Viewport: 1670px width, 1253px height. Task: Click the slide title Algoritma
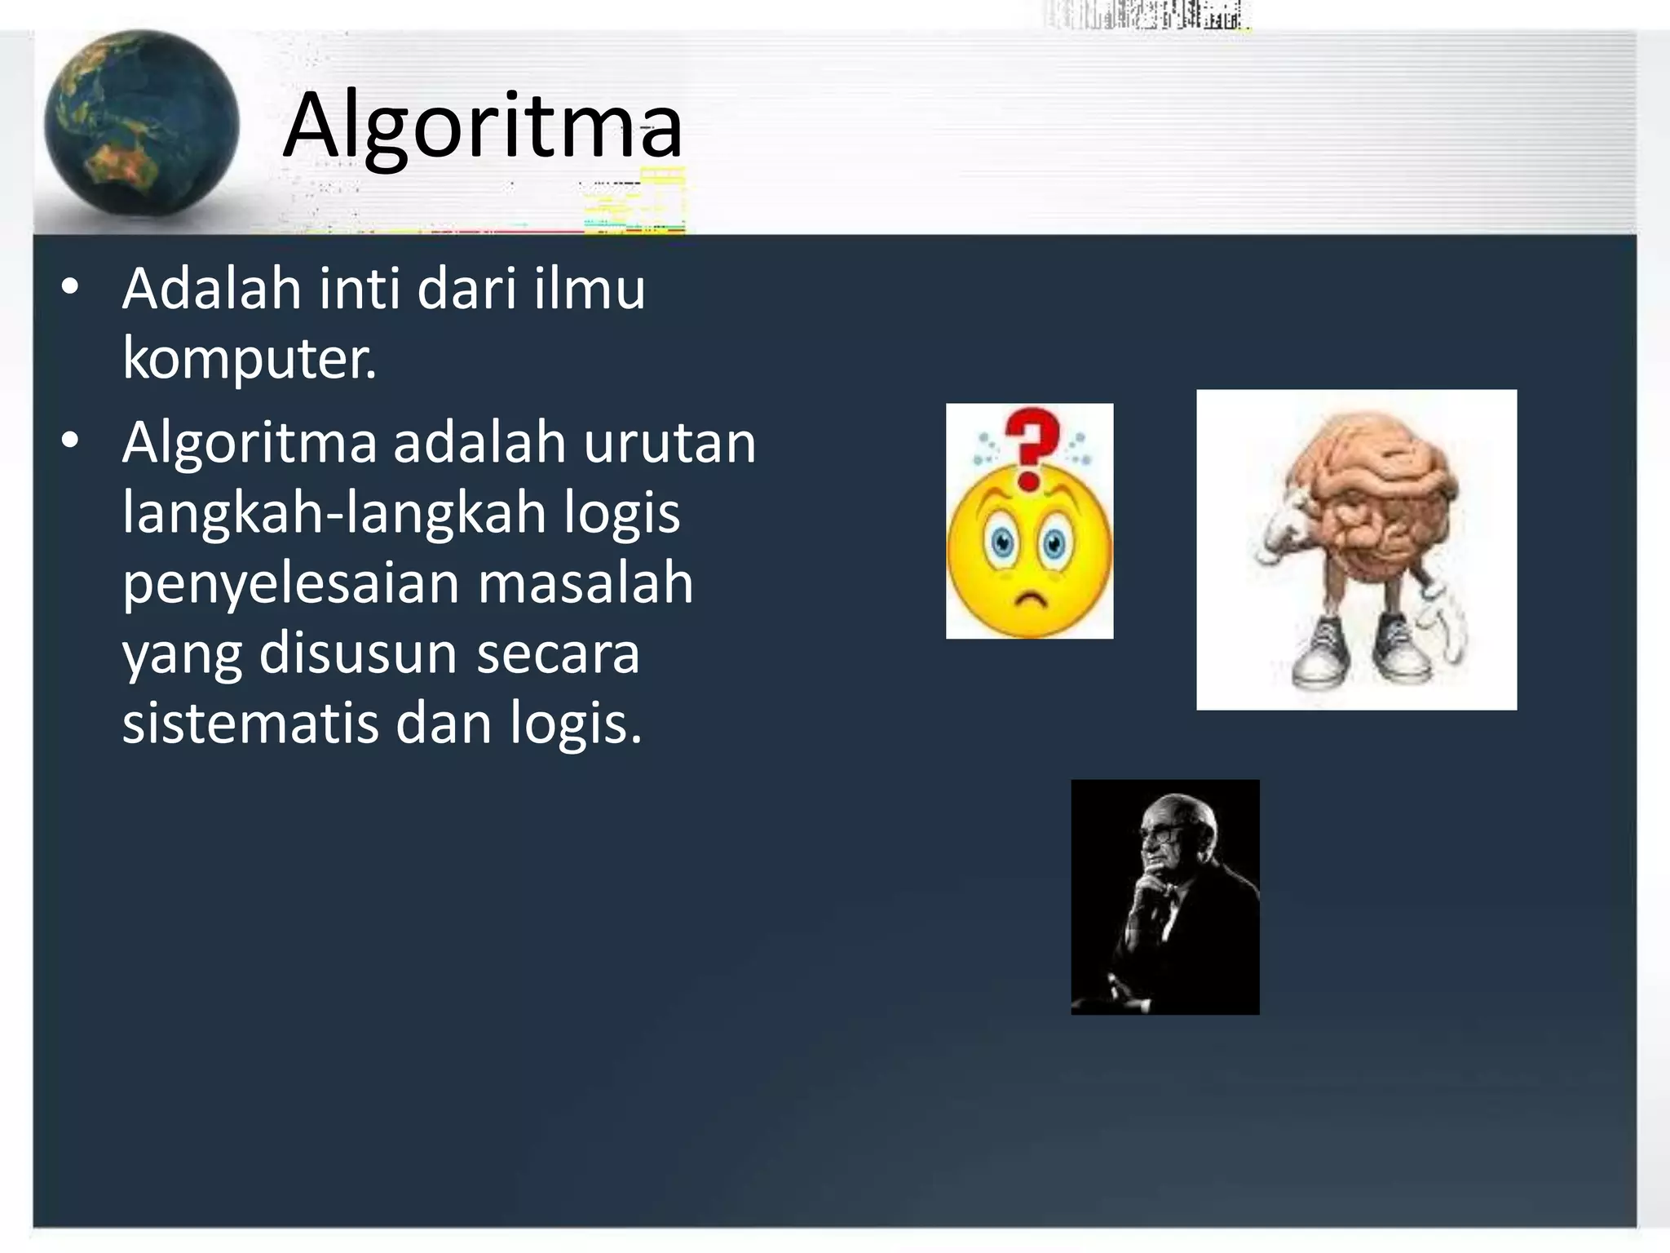[x=483, y=126]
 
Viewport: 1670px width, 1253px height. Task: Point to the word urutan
[x=669, y=443]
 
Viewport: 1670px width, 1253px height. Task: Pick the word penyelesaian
[x=290, y=584]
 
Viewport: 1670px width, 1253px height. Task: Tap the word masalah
[x=585, y=584]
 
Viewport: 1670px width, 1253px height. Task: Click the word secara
[x=558, y=654]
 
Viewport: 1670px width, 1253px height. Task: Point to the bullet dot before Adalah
[x=71, y=287]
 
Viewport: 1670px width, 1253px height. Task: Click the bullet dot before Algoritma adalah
[x=71, y=441]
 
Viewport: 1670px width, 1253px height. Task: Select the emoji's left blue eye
[x=1001, y=541]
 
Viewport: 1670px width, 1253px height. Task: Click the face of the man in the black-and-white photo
[x=1164, y=840]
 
